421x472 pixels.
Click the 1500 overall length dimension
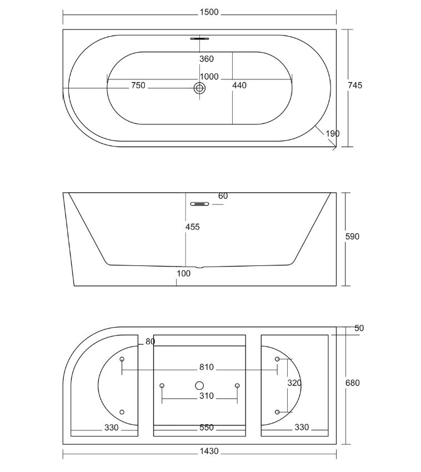[x=209, y=12]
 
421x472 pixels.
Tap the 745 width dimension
[x=355, y=86]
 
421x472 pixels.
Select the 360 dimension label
[x=207, y=59]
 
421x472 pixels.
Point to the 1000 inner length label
[x=209, y=77]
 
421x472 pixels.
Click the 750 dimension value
[x=138, y=86]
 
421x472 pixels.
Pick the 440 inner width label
[x=239, y=86]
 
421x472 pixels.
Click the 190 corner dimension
[x=333, y=133]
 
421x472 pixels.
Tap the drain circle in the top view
[x=199, y=88]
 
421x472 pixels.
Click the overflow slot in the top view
[x=199, y=38]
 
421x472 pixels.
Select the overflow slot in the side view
[x=199, y=204]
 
